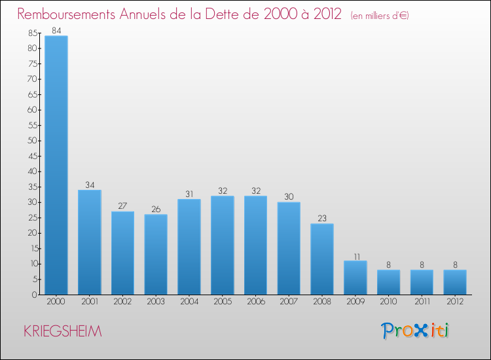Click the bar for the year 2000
tap(56, 165)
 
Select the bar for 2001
tap(90, 242)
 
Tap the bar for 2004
tap(189, 247)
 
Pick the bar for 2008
tap(322, 259)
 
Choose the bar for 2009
tap(355, 278)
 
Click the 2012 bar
tap(455, 282)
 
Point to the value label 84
tap(56, 30)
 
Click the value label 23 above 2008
tap(322, 219)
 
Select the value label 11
tap(355, 256)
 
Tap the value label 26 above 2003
tap(156, 209)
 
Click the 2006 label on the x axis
tap(255, 302)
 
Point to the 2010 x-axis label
tap(388, 302)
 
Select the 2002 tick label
tap(122, 302)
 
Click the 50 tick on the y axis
tap(33, 141)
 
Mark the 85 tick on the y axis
tap(33, 33)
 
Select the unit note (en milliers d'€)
tap(380, 15)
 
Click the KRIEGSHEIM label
tap(63, 331)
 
